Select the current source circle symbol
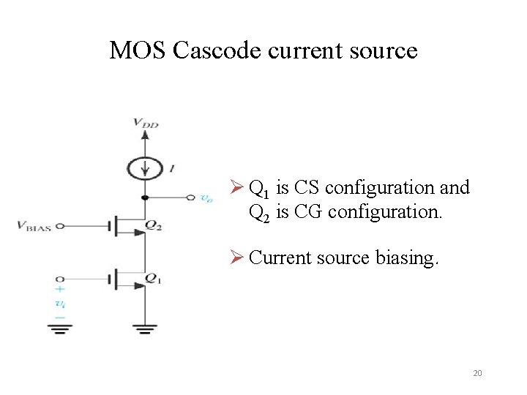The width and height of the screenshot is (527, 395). pos(144,168)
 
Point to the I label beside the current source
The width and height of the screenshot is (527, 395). pos(171,168)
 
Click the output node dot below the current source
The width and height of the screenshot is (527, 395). pos(144,197)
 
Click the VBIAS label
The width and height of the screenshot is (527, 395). pos(34,227)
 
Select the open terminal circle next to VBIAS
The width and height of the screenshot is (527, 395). pos(60,227)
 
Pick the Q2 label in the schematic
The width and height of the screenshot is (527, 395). pos(154,226)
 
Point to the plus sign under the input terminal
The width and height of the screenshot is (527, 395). pos(60,290)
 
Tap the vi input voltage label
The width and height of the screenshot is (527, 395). pos(60,302)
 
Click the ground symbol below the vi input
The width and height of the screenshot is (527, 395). pos(60,328)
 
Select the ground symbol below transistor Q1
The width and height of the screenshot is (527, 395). pos(144,328)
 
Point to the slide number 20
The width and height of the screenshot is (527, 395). pos(477,374)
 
